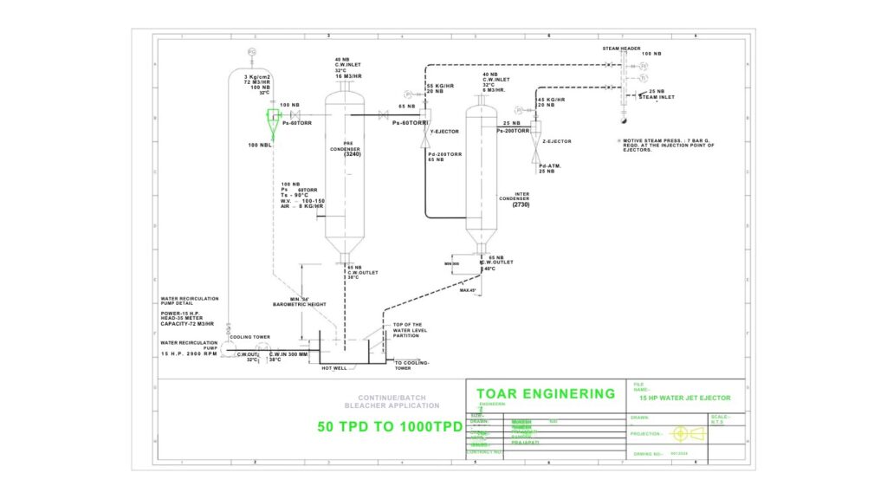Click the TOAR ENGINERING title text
[546, 394]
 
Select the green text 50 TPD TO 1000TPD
[389, 426]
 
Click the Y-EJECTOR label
[444, 132]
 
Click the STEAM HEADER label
[621, 49]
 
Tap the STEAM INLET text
[657, 97]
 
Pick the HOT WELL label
[334, 368]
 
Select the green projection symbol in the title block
[679, 433]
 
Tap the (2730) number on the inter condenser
[521, 205]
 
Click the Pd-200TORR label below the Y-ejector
[444, 153]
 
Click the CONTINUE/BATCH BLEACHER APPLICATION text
[392, 401]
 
